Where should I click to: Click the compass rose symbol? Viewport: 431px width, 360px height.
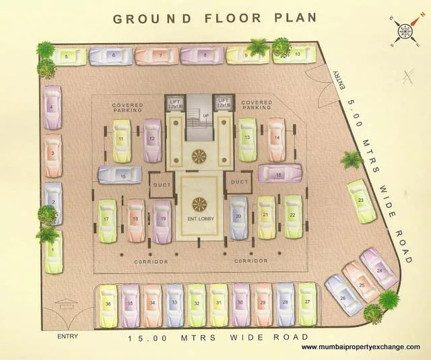404,32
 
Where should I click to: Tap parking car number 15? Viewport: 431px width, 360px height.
120,176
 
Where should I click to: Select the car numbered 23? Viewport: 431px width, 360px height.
362,201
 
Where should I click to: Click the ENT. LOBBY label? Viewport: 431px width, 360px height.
200,219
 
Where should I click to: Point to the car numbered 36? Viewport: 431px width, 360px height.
108,305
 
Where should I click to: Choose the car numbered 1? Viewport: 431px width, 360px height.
53,251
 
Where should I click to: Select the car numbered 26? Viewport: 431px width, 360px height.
343,295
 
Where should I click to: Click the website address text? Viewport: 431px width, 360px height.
361,347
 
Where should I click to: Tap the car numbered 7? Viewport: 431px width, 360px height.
157,55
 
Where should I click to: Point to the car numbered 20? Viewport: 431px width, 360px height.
238,217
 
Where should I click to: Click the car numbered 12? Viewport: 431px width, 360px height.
153,140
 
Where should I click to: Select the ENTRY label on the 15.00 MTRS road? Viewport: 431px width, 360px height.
68,336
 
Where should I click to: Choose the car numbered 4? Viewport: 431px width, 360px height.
52,107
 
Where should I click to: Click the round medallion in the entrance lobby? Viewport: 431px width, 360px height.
199,204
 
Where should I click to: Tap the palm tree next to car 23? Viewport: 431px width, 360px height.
352,160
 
